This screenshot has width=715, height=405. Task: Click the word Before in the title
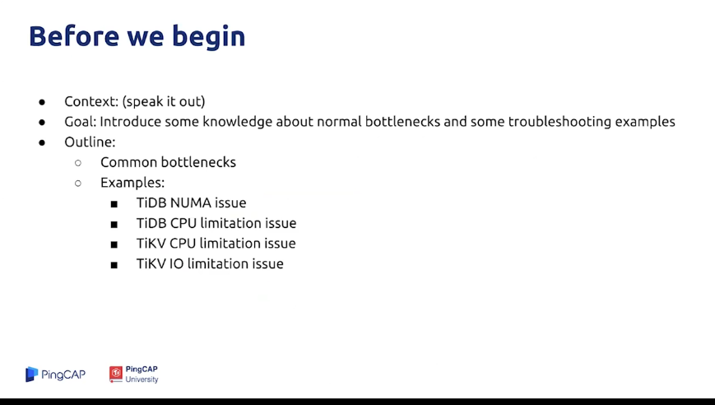click(74, 36)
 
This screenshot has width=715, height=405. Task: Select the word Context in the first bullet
click(91, 101)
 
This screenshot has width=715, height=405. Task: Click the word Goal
click(81, 121)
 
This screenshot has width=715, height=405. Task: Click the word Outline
click(90, 142)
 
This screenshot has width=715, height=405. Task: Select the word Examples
click(132, 183)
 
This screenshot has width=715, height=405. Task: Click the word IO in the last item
click(176, 263)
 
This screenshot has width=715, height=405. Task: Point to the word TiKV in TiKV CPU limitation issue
click(151, 243)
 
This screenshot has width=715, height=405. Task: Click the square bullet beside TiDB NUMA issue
click(114, 204)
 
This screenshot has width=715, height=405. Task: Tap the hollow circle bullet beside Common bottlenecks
click(78, 163)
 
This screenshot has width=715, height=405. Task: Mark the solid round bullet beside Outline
click(42, 142)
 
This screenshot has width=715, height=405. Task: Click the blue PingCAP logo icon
click(31, 374)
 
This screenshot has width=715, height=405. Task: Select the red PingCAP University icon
click(116, 374)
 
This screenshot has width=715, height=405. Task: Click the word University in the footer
click(142, 379)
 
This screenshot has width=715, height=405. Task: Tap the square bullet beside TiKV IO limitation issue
click(114, 265)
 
